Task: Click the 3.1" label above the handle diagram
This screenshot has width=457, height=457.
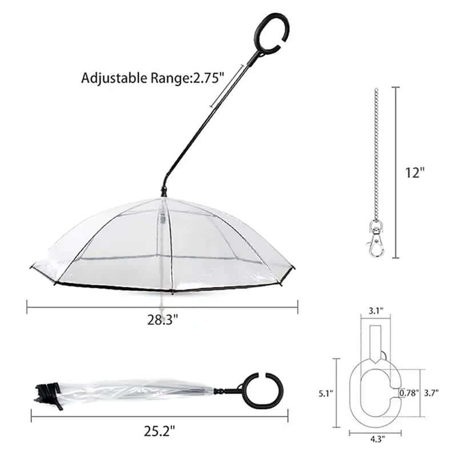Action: point(376,310)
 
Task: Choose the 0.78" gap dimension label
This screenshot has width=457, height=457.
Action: point(409,393)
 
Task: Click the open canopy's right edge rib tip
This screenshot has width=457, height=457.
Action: point(294,266)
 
